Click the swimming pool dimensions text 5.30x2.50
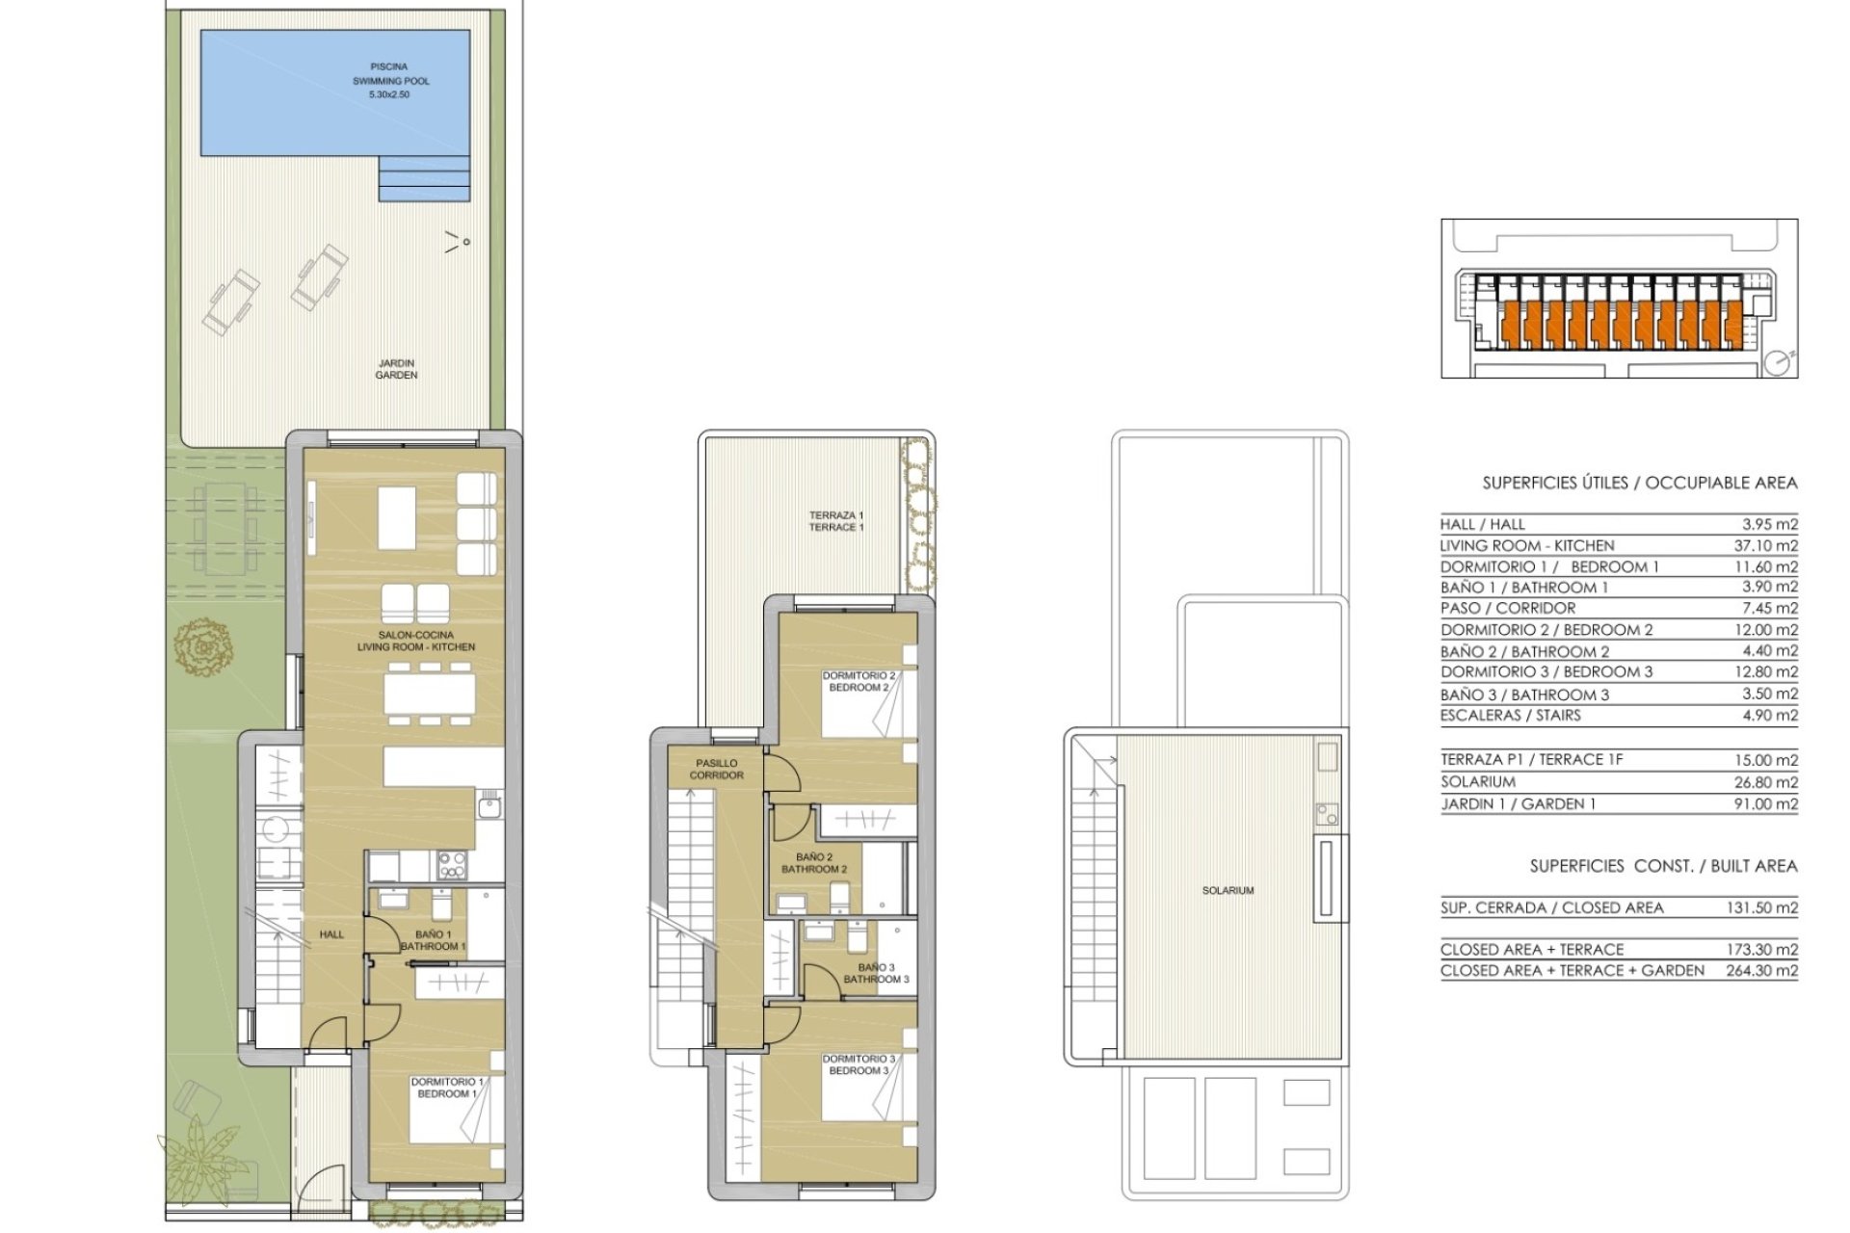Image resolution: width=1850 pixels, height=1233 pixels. [389, 95]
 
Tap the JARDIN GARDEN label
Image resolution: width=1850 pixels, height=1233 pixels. [396, 369]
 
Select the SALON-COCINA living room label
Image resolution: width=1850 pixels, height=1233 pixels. [416, 641]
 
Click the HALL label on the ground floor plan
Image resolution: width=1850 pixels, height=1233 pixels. [331, 934]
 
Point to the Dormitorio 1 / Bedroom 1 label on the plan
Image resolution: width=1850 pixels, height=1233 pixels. [447, 1088]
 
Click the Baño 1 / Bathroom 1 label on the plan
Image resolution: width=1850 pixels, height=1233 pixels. [434, 940]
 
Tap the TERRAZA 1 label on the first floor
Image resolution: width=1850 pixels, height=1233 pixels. [836, 521]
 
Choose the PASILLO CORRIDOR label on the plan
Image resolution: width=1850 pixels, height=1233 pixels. [717, 769]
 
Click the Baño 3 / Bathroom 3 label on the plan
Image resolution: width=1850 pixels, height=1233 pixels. [876, 973]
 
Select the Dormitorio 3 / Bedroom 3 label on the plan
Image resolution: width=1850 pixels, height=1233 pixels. [859, 1064]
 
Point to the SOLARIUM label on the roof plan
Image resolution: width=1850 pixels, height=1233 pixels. [1229, 891]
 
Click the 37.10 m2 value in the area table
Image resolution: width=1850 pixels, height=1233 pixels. [1765, 545]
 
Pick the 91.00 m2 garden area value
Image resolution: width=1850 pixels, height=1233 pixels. [1765, 804]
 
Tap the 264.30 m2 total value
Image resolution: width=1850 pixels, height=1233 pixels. [1761, 971]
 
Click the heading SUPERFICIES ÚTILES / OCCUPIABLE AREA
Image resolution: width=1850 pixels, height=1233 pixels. [1640, 483]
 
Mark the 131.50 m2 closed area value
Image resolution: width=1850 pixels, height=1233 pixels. [1761, 907]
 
